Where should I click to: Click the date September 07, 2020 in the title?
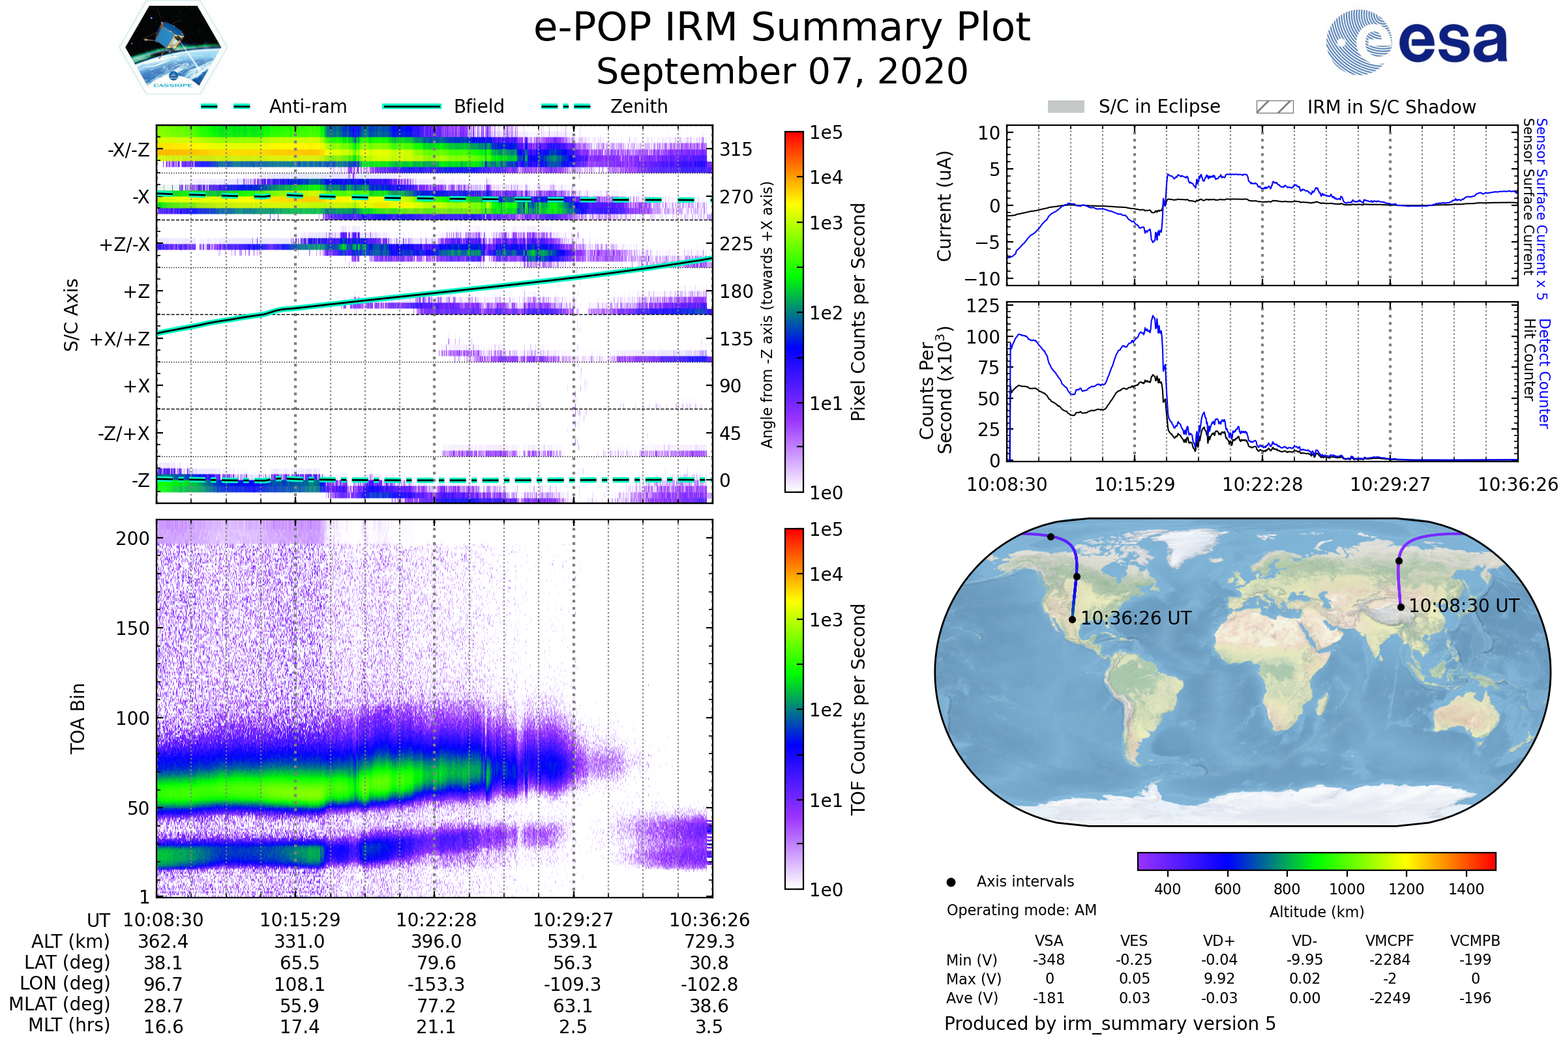782,72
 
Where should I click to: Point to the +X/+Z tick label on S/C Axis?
120,339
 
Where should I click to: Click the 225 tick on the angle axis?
736,244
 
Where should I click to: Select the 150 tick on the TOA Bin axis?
132,628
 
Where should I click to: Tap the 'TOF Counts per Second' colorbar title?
858,709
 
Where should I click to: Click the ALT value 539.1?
573,942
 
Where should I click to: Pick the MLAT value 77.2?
436,1006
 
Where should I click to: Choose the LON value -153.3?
436,984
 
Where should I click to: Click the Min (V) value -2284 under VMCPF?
1390,960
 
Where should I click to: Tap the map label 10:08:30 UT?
1464,606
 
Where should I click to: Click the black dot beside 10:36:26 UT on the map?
1072,620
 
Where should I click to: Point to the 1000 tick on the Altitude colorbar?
1347,889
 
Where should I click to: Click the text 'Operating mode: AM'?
1021,910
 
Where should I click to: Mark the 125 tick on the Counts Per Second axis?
983,306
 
